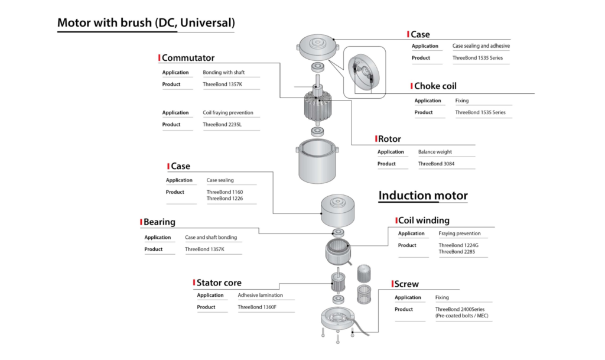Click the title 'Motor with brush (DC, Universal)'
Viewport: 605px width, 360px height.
pos(146,23)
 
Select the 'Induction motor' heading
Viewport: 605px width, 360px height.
pos(423,196)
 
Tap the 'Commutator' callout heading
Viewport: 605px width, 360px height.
pos(188,58)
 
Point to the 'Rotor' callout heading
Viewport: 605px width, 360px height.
pos(389,139)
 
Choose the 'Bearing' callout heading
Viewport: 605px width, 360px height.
pos(160,222)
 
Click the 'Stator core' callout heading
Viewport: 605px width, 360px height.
pos(219,283)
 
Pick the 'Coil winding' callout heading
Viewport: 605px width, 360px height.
pos(424,220)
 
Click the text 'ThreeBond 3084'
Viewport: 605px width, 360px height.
pos(438,164)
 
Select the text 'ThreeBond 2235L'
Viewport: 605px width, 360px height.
pos(223,125)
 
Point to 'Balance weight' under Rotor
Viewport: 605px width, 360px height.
pos(436,152)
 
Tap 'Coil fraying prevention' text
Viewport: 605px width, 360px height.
pos(228,113)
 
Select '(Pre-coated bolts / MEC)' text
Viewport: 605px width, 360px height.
pos(462,316)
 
